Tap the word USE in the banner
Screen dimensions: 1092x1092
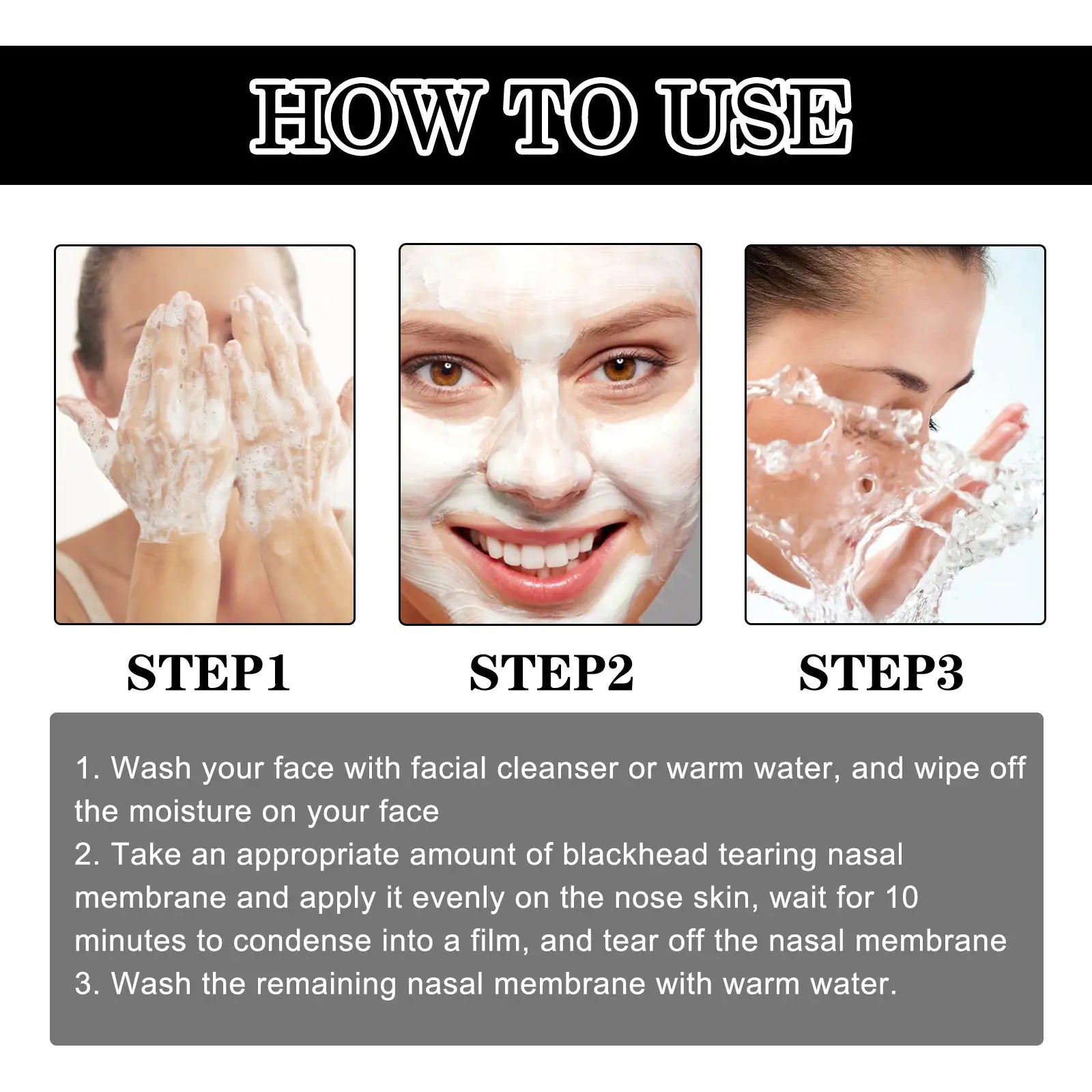coord(758,116)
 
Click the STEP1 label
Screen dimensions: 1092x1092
coord(208,674)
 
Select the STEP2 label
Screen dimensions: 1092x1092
coord(551,674)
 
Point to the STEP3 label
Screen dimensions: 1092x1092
coord(880,674)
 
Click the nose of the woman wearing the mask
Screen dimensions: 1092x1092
coord(539,464)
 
